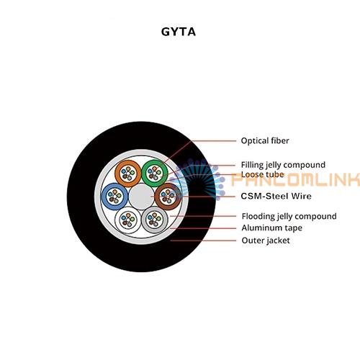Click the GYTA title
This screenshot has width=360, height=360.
pyautogui.click(x=179, y=32)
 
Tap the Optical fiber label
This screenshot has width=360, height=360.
pyautogui.click(x=265, y=140)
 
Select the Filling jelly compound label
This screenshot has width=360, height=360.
pyautogui.click(x=283, y=165)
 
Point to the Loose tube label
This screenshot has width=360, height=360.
pyautogui.click(x=263, y=174)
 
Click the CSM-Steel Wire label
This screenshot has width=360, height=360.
pyautogui.click(x=276, y=196)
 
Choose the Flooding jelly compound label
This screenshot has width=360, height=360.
pyautogui.click(x=289, y=216)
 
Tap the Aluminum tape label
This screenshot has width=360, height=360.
pyautogui.click(x=272, y=228)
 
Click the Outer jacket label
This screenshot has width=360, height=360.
pyautogui.click(x=266, y=240)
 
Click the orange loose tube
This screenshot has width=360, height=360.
pyautogui.click(x=128, y=162)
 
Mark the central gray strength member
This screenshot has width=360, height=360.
pyautogui.click(x=141, y=197)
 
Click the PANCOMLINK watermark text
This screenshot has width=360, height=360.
pyautogui.click(x=295, y=179)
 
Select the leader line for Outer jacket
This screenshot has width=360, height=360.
pyautogui.click(x=204, y=240)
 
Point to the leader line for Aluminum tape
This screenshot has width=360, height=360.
pyautogui.click(x=204, y=228)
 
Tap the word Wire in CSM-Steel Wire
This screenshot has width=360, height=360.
pyautogui.click(x=301, y=196)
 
